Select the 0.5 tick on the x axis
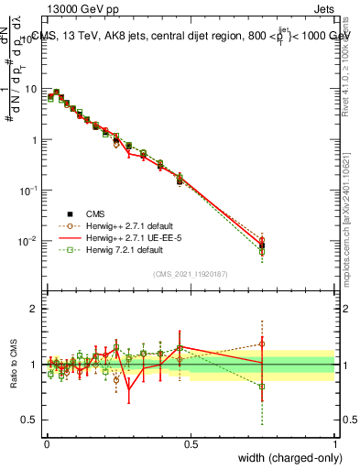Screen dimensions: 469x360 pos(191,442)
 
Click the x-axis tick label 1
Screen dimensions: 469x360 pos(335,442)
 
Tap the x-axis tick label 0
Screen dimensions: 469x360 pos(46,442)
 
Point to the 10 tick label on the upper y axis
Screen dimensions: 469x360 pos(32,90)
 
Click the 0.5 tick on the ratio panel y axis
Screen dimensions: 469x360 pos(32,420)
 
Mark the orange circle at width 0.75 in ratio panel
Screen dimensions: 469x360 pos(262,344)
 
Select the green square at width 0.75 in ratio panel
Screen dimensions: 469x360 pos(262,387)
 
